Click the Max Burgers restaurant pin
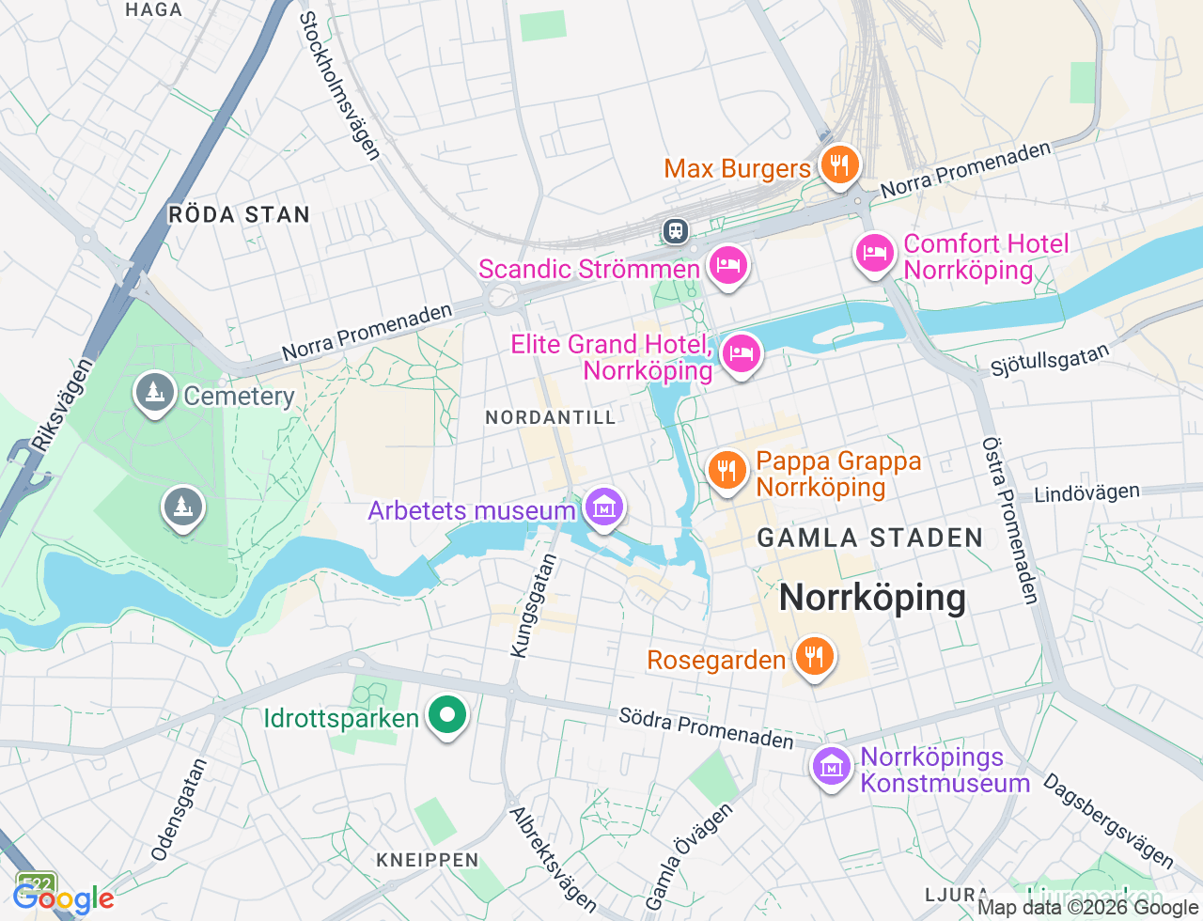point(839,166)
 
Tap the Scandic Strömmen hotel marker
point(727,266)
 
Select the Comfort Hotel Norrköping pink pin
point(875,254)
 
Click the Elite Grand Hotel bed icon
point(742,355)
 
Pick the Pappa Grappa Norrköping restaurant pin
point(726,471)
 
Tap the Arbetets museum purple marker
point(604,508)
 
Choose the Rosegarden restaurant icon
point(814,657)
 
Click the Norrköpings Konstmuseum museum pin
point(832,768)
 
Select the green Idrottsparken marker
point(447,716)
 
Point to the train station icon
point(675,230)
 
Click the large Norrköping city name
point(872,598)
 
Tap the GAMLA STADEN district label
point(870,539)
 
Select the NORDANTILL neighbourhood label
point(551,417)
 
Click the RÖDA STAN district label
point(239,215)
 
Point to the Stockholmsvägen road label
point(339,86)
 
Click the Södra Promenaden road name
point(706,728)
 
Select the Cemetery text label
point(239,396)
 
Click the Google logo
point(64,899)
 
